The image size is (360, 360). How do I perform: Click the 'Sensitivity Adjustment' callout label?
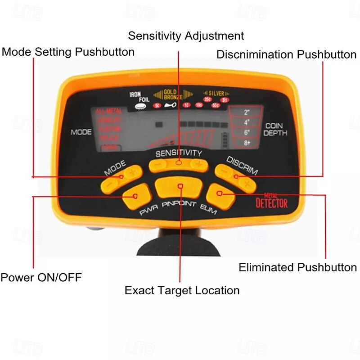[186, 36]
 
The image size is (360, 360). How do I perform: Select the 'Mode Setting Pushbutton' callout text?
[68, 52]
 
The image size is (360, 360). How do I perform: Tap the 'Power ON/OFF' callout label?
[41, 277]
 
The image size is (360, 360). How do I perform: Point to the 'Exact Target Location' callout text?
[182, 290]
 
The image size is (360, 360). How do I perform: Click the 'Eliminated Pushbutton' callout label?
[297, 267]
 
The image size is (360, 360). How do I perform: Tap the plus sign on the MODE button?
[132, 172]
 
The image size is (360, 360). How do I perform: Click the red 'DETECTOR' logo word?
[271, 203]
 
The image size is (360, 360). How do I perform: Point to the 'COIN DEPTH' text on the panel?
[275, 130]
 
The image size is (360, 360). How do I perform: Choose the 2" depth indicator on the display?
[247, 112]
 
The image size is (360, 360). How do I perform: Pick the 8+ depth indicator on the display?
[247, 143]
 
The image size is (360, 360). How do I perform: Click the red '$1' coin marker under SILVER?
[225, 99]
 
